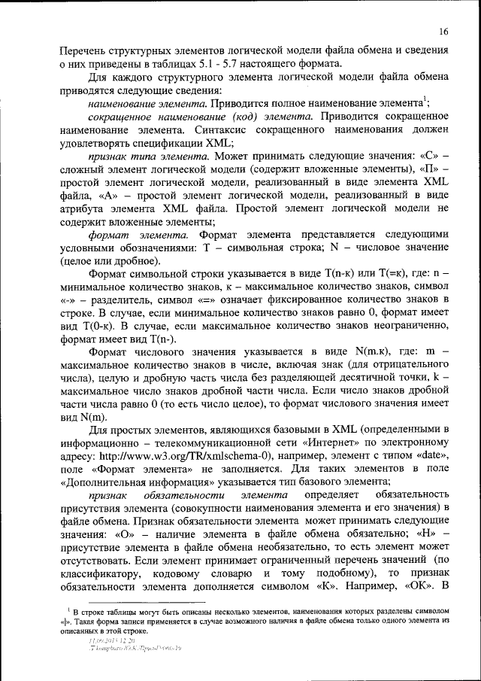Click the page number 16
pyautogui.click(x=444, y=31)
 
